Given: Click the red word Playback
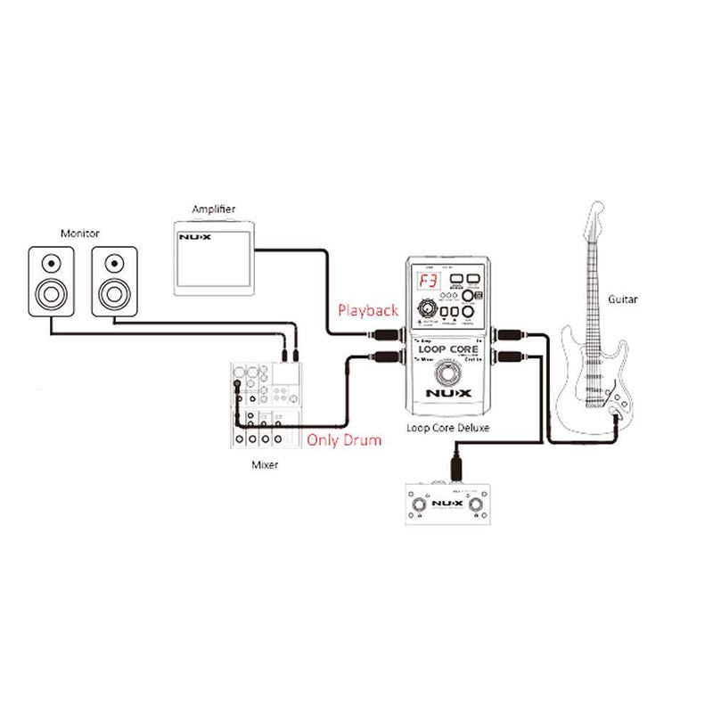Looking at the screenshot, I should (367, 311).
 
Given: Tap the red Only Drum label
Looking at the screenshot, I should (344, 439).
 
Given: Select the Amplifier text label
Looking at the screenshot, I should (214, 209).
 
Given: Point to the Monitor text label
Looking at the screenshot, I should (80, 234).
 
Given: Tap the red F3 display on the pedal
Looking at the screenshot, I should (425, 282).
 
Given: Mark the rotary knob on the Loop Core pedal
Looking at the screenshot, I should (425, 311).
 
